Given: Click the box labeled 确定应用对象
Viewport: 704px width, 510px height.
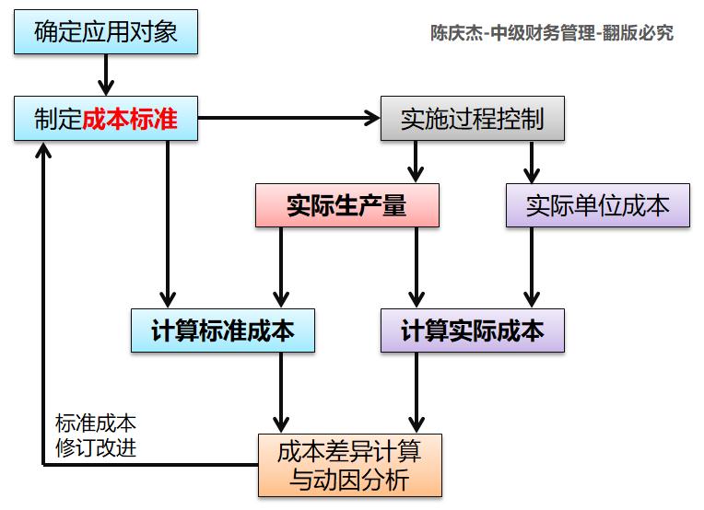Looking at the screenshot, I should [x=107, y=31].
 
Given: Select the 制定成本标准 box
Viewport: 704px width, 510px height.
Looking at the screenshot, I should [x=106, y=119].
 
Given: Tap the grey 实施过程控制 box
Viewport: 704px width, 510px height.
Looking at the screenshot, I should [x=472, y=119].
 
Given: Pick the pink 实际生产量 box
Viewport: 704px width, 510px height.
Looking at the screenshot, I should [x=346, y=205].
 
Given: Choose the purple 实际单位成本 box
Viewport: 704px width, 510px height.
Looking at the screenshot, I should [x=597, y=205].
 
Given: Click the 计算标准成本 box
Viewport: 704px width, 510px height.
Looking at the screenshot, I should [x=222, y=330].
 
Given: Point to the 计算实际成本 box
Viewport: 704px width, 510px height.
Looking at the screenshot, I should [x=472, y=330].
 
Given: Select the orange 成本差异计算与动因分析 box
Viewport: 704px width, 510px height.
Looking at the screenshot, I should [x=350, y=466].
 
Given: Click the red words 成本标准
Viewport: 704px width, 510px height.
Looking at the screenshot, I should [x=130, y=120].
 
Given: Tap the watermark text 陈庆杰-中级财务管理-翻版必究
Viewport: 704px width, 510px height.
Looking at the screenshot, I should [x=552, y=33].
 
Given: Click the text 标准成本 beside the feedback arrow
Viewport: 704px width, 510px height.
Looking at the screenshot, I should [x=96, y=424].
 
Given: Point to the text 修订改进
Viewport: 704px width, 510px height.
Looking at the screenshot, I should [x=96, y=449].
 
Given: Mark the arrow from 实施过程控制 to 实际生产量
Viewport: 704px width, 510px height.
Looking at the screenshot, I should [x=416, y=162].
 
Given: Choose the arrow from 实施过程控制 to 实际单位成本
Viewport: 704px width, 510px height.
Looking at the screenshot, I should [x=531, y=162].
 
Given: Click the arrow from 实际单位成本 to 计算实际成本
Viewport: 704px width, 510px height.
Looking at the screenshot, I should [x=531, y=267].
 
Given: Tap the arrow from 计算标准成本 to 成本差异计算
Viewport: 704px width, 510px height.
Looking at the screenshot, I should [x=279, y=391].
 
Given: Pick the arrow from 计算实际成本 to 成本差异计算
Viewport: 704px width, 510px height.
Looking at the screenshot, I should [x=416, y=391].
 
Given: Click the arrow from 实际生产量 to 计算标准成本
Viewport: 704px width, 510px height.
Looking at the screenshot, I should [x=279, y=267].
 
